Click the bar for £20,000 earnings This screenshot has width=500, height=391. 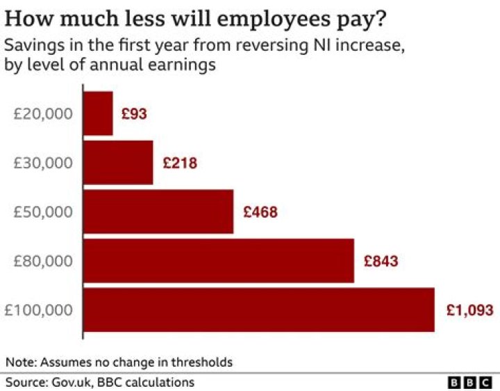(x=98, y=113)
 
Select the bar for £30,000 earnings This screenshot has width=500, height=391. (x=118, y=162)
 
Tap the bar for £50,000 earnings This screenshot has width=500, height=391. (x=158, y=211)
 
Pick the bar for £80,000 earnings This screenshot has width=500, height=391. (x=219, y=260)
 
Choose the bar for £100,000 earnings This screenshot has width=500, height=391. (x=259, y=310)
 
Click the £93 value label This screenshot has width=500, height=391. (x=134, y=113)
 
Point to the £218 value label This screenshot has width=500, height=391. (x=180, y=163)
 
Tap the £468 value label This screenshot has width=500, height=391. (x=260, y=212)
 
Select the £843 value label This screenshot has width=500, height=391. (x=381, y=262)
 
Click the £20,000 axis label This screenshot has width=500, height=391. (x=43, y=113)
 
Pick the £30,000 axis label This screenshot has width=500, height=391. (x=43, y=163)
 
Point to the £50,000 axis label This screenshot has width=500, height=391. (x=43, y=212)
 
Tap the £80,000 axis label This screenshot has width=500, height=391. (x=43, y=261)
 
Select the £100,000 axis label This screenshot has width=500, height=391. (x=39, y=310)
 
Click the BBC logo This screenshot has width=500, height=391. (x=470, y=383)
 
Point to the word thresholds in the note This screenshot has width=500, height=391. (x=200, y=362)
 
